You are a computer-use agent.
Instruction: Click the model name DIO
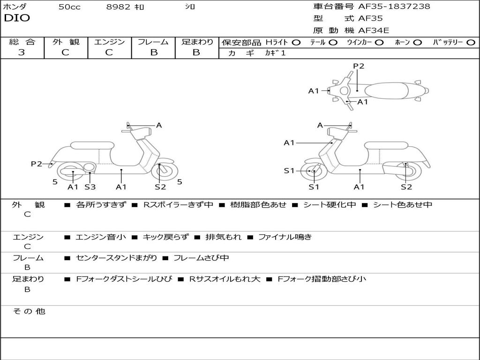point(17,18)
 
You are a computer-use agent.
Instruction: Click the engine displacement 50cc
point(69,7)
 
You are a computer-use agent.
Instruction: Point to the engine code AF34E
point(374,31)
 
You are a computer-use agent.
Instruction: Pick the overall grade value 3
point(22,52)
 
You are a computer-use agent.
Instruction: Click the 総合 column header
point(22,42)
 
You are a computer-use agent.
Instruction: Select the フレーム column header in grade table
point(153,42)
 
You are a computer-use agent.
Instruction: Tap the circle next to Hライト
point(296,42)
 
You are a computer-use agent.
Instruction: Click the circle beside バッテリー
point(471,42)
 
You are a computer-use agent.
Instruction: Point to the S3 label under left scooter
point(90,187)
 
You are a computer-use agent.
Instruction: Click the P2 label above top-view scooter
point(359,66)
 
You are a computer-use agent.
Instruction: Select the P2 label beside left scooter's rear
point(36,164)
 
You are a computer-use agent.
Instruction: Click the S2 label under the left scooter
point(160,187)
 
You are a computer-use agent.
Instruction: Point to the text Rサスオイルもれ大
point(225,279)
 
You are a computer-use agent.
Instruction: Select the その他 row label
point(29,311)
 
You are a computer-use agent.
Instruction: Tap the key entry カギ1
point(275,53)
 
